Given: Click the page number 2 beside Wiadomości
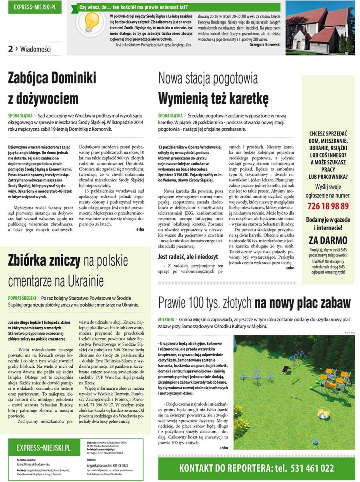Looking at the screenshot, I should tap(10, 49).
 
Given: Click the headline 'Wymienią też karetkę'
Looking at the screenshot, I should tap(213, 98).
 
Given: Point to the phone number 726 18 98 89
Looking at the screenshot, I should tap(328, 206).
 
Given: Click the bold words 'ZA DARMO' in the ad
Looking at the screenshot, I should tap(328, 241).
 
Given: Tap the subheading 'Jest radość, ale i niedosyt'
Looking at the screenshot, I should tap(188, 257).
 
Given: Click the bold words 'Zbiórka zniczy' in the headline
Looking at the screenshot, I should tap(44, 261).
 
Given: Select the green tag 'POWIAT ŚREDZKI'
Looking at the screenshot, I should tap(22, 298).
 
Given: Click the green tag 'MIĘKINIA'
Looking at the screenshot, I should tap(166, 320).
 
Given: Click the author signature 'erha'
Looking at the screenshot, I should tap(140, 229).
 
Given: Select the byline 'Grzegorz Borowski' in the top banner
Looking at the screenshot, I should tap(264, 45).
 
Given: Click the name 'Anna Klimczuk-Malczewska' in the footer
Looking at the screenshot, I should tap(33, 464).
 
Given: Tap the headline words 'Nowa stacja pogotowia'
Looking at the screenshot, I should tap(208, 78).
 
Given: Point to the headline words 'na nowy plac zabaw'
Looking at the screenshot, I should tap(302, 303).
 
